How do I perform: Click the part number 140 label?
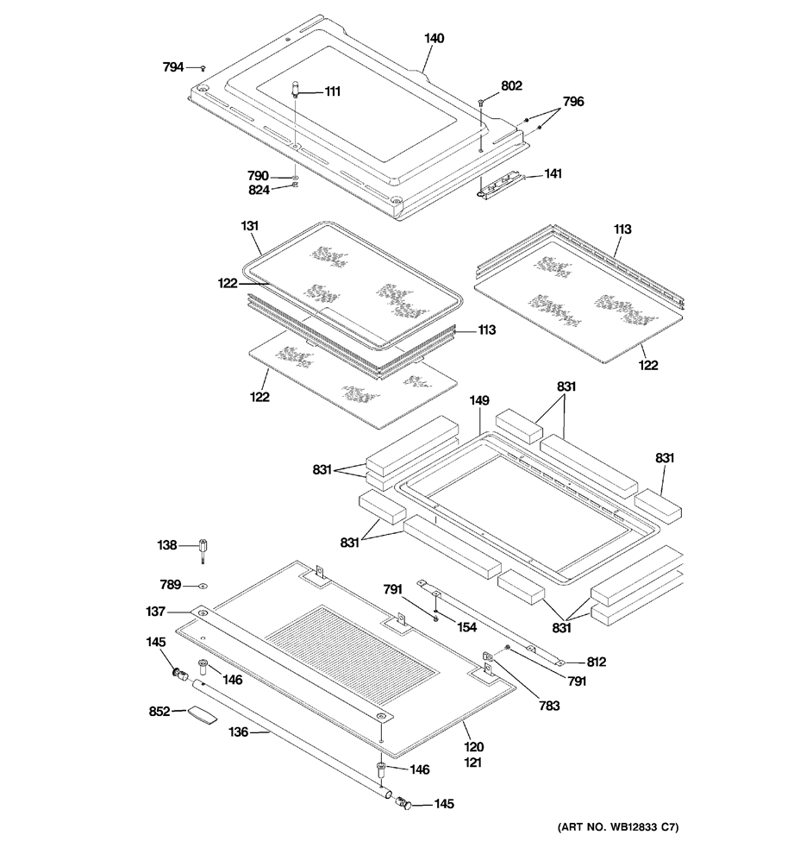coord(434,38)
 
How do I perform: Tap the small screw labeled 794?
coord(203,68)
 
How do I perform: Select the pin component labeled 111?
coord(296,89)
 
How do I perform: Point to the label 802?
coord(511,85)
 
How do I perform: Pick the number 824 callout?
coord(259,190)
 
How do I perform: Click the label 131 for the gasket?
coord(250,225)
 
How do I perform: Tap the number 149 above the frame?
coord(479,400)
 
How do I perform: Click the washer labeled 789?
coord(203,586)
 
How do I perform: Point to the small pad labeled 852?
coord(202,715)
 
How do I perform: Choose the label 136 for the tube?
coord(239,732)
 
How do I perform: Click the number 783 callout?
coord(549,706)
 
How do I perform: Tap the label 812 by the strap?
coord(597,662)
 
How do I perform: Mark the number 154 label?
coord(466,627)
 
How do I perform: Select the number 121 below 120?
coord(473,763)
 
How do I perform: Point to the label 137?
coord(155,612)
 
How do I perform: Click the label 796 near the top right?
coord(573,101)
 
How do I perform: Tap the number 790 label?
coord(258,176)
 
